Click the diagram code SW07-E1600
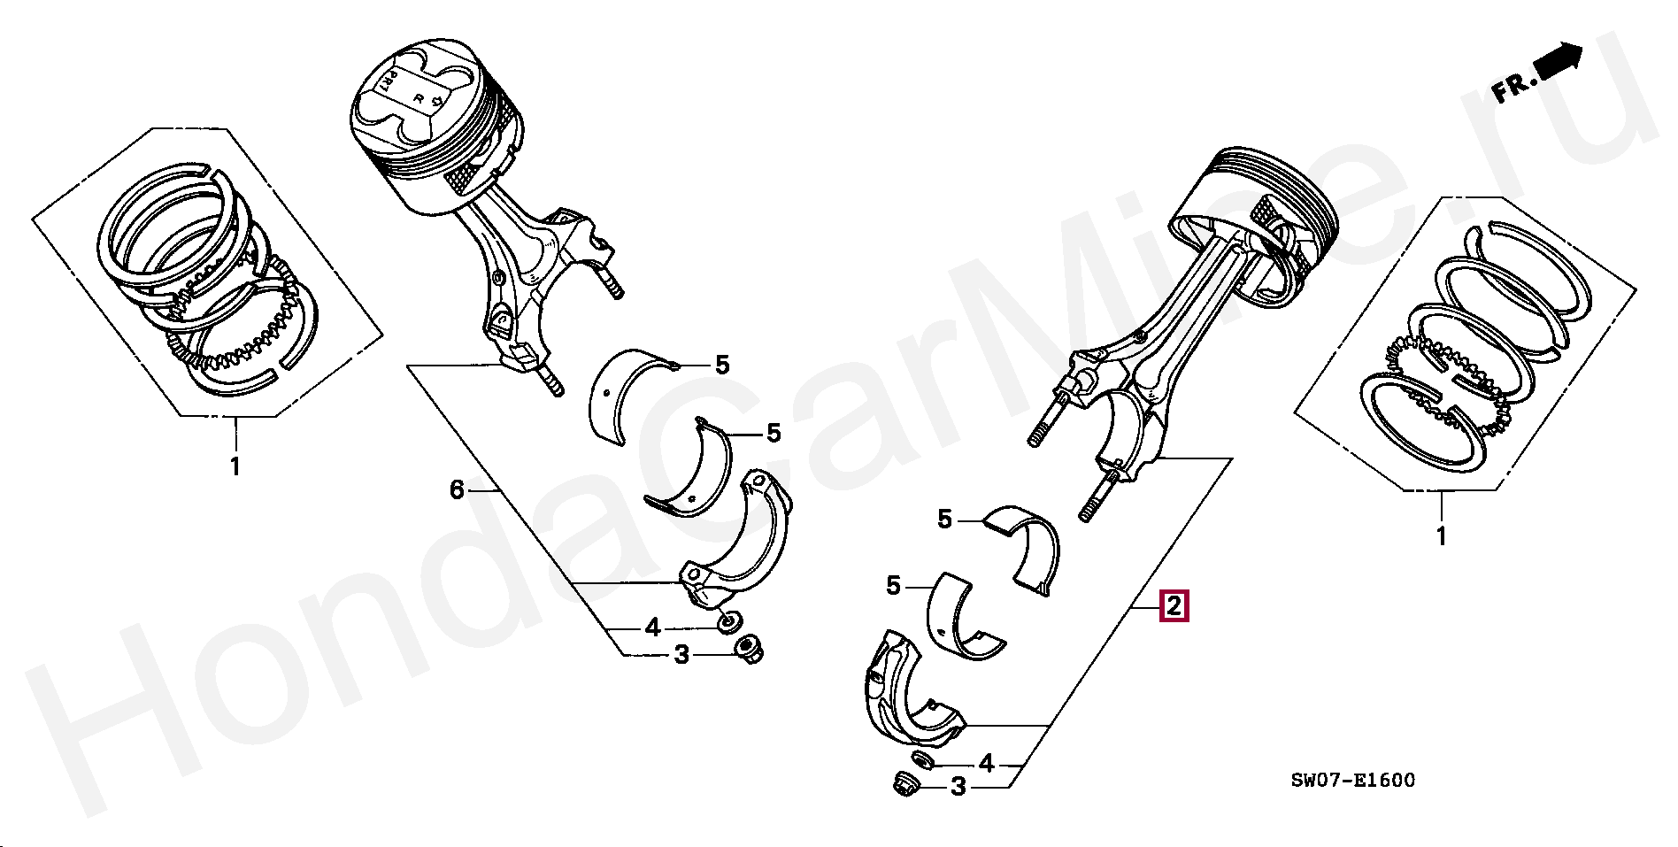[1352, 780]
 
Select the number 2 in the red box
[1174, 606]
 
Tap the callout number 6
[457, 489]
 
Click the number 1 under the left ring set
[235, 466]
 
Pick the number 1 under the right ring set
[1440, 535]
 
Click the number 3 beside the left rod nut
[681, 655]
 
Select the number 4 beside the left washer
[652, 628]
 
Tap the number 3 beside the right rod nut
[958, 786]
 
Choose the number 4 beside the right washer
[986, 762]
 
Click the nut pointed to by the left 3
[750, 649]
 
